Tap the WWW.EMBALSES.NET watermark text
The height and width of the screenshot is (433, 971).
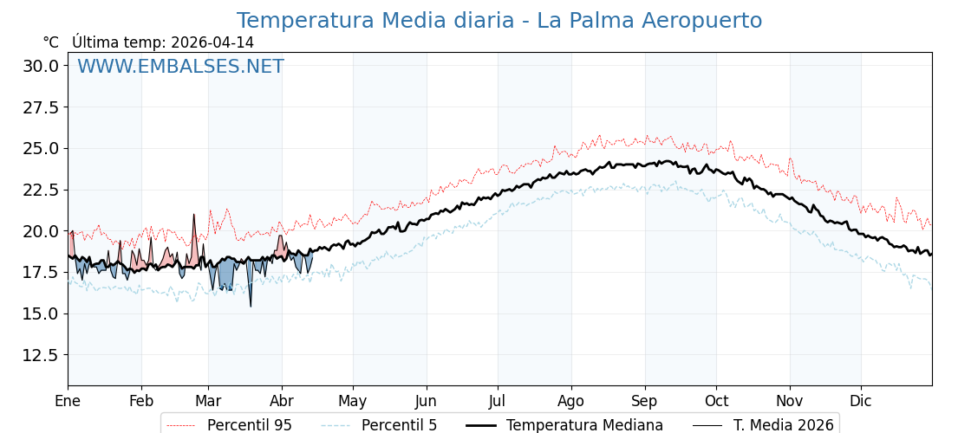[x=180, y=67]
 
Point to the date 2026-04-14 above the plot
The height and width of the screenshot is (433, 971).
[x=212, y=42]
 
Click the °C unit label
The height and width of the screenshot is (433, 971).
[x=50, y=42]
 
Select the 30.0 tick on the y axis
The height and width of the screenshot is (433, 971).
[x=41, y=66]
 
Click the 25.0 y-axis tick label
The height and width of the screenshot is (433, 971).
[x=41, y=148]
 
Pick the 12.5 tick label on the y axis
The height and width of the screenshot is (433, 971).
[x=41, y=355]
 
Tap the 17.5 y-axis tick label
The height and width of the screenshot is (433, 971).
[x=41, y=273]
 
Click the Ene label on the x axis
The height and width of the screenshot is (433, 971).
[x=68, y=401]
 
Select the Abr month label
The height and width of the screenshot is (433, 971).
[x=282, y=401]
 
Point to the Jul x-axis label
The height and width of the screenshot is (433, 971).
[x=498, y=401]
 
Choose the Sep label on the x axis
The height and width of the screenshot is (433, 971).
[x=645, y=401]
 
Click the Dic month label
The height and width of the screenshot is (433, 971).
[x=861, y=401]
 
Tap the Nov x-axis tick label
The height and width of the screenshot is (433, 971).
[x=790, y=401]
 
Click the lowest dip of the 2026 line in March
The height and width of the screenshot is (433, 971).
[x=251, y=306]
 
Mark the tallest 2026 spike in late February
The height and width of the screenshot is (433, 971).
[x=194, y=215]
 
